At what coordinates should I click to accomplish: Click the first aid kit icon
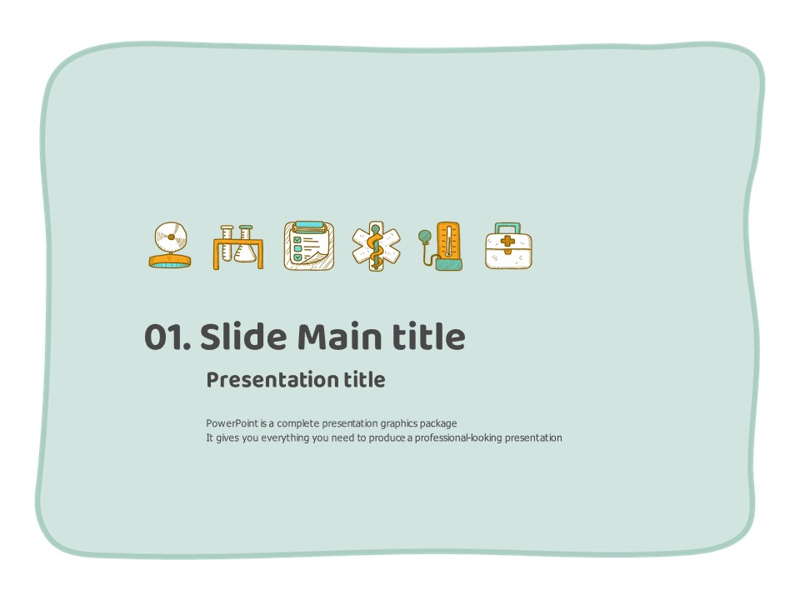[508, 245]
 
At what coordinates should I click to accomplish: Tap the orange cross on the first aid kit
[507, 243]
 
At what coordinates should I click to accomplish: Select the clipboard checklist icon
[309, 245]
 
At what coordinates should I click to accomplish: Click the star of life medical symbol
[376, 246]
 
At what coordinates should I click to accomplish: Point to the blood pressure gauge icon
[442, 245]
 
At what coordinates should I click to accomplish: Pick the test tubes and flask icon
[238, 247]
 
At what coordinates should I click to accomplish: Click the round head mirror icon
[170, 245]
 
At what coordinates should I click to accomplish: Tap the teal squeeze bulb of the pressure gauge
[424, 236]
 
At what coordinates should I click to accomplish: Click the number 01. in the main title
[167, 337]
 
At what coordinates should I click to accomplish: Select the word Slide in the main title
[243, 337]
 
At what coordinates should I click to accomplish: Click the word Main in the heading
[340, 337]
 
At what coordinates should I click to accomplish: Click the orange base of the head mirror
[170, 262]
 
